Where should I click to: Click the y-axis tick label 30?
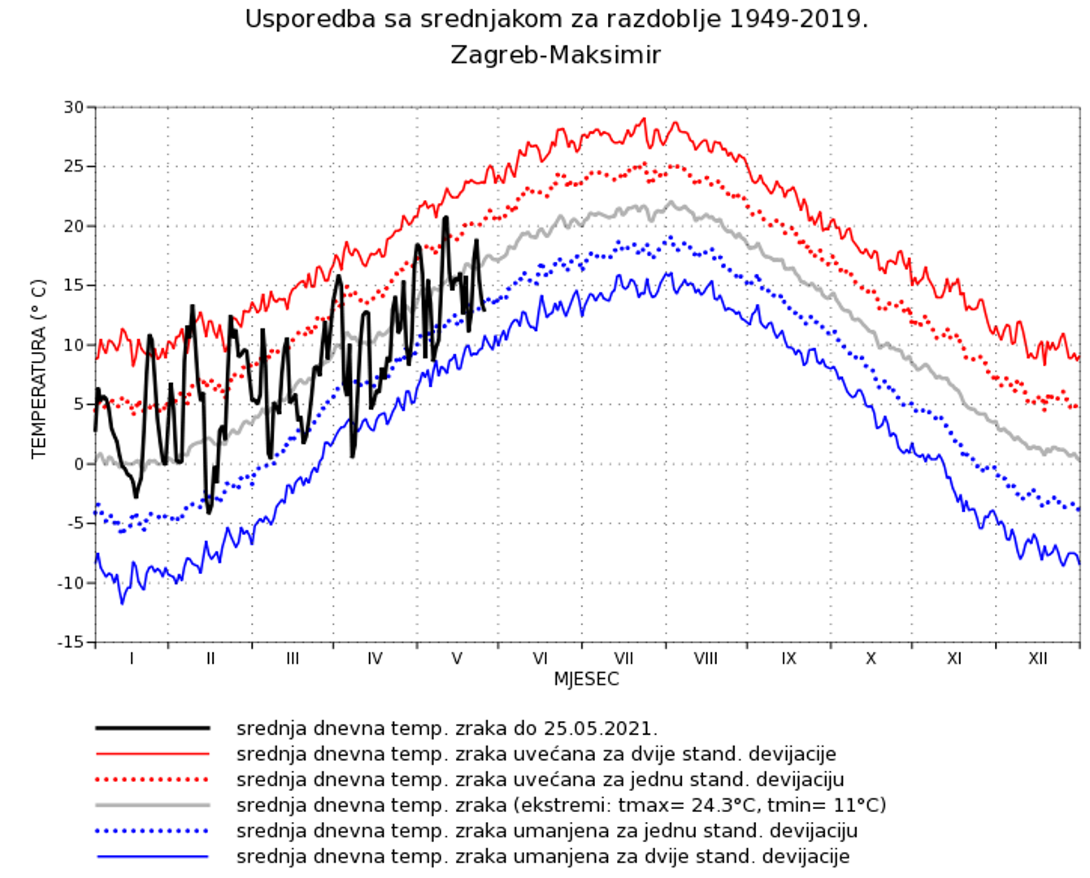[x=74, y=107]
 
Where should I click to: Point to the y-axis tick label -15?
[x=71, y=642]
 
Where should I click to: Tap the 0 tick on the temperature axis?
[x=79, y=464]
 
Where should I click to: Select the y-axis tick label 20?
[x=74, y=226]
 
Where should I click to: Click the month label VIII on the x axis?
[x=706, y=658]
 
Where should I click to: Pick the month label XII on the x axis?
[x=1037, y=658]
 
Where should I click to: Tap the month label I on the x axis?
[x=132, y=658]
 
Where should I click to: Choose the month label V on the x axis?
[x=457, y=658]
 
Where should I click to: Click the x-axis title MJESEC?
[x=586, y=680]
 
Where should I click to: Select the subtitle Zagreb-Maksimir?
[x=555, y=55]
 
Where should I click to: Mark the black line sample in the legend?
[x=153, y=728]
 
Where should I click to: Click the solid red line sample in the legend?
[x=153, y=754]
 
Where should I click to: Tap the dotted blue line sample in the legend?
[x=153, y=831]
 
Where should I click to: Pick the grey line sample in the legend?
[x=153, y=805]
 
